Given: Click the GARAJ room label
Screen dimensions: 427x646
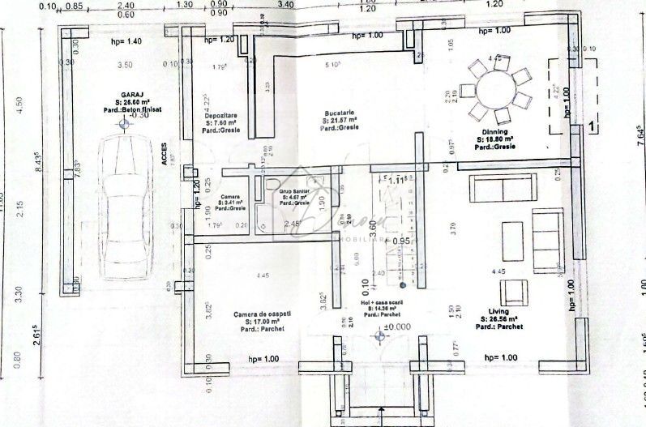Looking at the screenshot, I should (123, 93).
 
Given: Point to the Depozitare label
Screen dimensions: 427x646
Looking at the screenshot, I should (220, 116).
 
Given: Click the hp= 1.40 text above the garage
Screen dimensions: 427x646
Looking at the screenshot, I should (124, 41).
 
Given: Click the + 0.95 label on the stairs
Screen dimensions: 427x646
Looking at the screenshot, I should (396, 241).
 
